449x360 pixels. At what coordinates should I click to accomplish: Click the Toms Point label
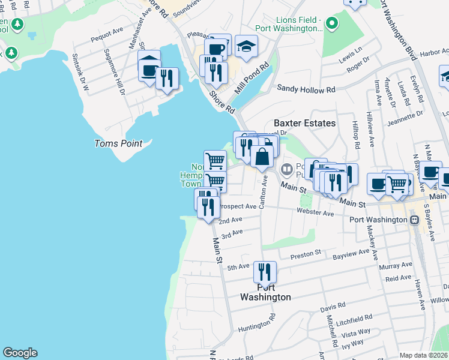118,143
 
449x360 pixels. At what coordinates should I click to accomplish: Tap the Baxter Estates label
304,122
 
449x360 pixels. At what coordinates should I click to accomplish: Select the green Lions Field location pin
331,25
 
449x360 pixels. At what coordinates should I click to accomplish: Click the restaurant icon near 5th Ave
264,272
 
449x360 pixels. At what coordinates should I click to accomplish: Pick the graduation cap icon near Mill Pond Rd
246,46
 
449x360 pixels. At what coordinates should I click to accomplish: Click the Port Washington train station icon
414,220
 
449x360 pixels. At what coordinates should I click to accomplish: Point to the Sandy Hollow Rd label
306,89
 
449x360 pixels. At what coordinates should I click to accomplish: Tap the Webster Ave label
315,213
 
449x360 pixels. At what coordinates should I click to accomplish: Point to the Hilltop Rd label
355,136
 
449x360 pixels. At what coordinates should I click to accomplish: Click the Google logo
20,353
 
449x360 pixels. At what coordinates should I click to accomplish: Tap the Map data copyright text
423,355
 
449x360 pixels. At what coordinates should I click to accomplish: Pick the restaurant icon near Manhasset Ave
166,78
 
